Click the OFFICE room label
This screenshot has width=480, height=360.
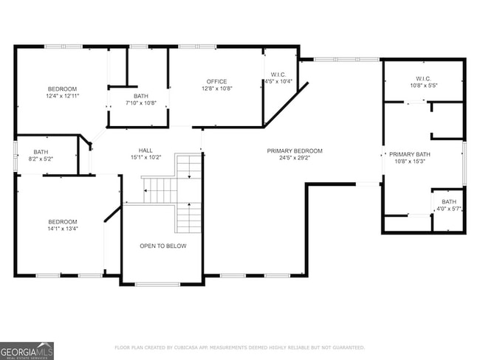pos(216,81)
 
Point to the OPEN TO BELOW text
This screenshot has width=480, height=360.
pos(163,246)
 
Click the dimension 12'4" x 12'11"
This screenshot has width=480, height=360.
pos(63,96)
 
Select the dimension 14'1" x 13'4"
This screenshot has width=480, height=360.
pos(63,228)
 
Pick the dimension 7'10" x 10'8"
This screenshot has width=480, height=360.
pos(140,103)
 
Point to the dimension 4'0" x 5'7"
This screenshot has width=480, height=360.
pos(449,209)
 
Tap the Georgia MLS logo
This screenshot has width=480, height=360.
pos(27,350)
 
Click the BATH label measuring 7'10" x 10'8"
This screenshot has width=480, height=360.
pos(140,96)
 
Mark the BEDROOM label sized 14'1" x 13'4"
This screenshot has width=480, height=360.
pos(63,221)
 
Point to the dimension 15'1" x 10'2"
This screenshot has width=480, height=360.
pos(135,156)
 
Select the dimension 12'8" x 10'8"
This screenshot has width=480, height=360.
pos(216,89)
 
